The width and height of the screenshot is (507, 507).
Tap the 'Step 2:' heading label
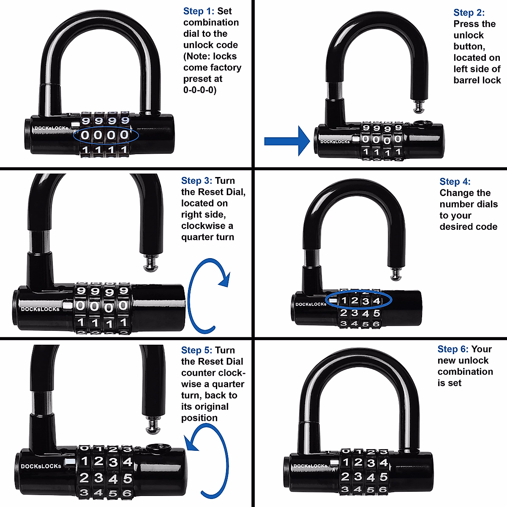[469, 13]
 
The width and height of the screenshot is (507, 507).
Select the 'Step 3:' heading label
[196, 181]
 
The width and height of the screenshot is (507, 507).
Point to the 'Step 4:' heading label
[455, 182]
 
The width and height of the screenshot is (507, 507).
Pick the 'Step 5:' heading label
[196, 350]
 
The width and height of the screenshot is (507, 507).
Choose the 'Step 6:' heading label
[453, 349]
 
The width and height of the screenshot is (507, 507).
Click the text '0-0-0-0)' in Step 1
[199, 90]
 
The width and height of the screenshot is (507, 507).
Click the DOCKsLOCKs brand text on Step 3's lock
[40, 309]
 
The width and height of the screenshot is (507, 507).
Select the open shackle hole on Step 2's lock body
[420, 124]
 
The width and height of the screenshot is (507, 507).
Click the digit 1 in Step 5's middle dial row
[84, 461]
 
